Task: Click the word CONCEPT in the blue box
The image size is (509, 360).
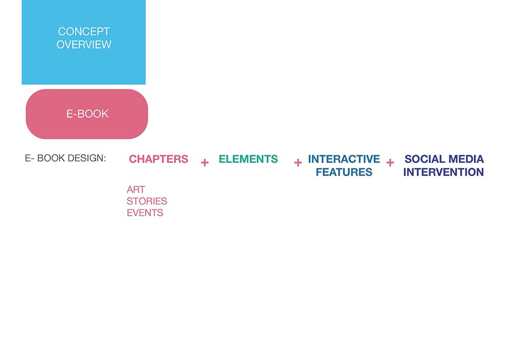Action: (84, 32)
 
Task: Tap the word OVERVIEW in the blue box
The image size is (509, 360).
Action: (84, 44)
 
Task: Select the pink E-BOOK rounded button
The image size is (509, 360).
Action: (87, 114)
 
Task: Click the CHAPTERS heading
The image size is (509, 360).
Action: (158, 159)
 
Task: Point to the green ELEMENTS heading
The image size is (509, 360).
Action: (248, 159)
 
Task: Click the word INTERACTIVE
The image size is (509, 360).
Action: (344, 159)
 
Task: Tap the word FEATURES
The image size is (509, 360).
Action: (344, 172)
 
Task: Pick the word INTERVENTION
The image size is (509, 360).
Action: (443, 172)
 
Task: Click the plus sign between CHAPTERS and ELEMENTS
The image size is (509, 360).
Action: (205, 162)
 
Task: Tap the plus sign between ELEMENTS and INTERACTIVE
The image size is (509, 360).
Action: (298, 162)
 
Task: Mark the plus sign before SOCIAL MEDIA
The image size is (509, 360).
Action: (390, 162)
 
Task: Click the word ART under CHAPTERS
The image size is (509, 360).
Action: (136, 189)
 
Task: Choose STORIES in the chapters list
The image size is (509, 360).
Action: (147, 201)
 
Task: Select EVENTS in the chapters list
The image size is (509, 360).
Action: (145, 213)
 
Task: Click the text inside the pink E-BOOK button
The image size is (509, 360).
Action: (88, 114)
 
